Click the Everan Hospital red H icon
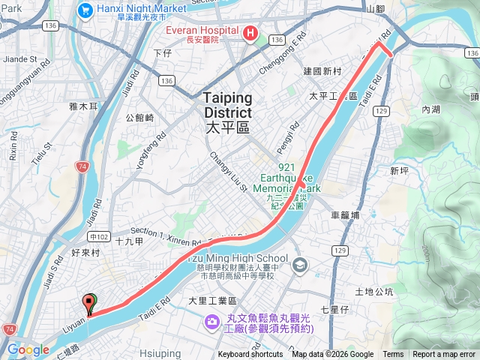pos(250,34)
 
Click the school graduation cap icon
pos(300,265)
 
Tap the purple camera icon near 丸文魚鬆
pos(211,322)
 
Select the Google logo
pos(28,349)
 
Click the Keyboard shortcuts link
pos(250,355)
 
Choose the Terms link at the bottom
pos(393,355)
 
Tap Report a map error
pos(445,355)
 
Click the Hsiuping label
pos(160,352)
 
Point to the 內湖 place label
pos(430,109)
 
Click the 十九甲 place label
pos(130,241)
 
